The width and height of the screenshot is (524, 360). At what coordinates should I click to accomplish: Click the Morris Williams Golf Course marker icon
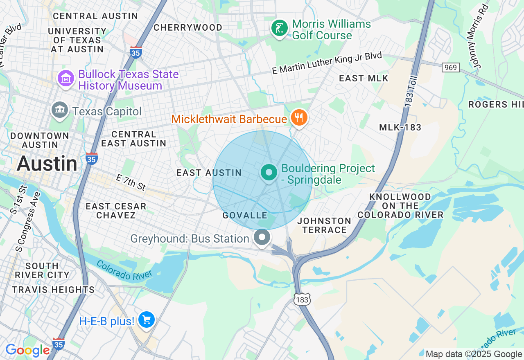[x=280, y=29]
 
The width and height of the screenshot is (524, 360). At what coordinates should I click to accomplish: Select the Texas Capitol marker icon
[x=60, y=110]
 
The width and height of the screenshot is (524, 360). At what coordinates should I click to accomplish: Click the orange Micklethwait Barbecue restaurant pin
[x=299, y=118]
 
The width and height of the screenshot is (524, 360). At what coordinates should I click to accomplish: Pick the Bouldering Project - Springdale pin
[x=269, y=173]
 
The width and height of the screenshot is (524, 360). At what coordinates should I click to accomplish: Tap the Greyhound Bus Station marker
[x=262, y=237]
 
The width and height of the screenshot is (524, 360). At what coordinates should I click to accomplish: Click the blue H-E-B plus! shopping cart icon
[x=146, y=319]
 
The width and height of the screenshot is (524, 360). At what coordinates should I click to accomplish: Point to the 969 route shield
[x=451, y=67]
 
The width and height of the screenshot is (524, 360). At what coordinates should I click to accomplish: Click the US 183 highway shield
[x=302, y=299]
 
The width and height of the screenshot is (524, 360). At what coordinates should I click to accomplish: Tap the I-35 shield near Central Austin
[x=136, y=52]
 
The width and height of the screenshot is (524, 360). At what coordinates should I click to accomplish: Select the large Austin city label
[x=47, y=164]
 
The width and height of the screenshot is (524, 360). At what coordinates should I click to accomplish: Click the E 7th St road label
[x=131, y=182]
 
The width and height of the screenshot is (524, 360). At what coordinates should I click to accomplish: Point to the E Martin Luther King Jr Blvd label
[x=327, y=63]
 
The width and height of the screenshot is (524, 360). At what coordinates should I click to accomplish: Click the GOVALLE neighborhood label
[x=245, y=215]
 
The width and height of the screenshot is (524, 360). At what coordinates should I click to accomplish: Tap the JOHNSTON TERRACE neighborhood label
[x=324, y=225]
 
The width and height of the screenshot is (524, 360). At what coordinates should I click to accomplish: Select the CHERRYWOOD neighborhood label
[x=188, y=27]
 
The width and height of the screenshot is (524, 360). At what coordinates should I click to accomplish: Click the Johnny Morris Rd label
[x=480, y=36]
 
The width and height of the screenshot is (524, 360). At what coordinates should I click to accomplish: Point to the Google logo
[x=27, y=351]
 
